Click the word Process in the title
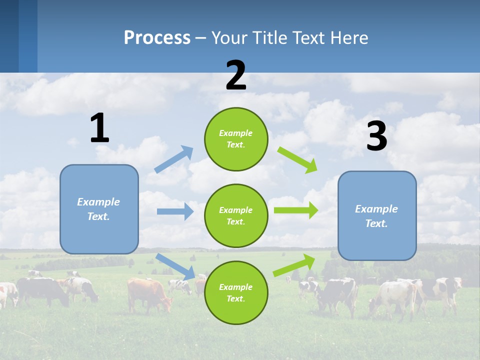157,37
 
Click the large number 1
99,128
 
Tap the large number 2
236,75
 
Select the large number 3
376,136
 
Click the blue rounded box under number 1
99,209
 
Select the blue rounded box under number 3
377,215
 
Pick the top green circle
236,139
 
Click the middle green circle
236,215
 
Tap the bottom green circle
236,292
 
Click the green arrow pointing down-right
297,159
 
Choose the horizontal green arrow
295,210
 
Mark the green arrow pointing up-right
294,265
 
